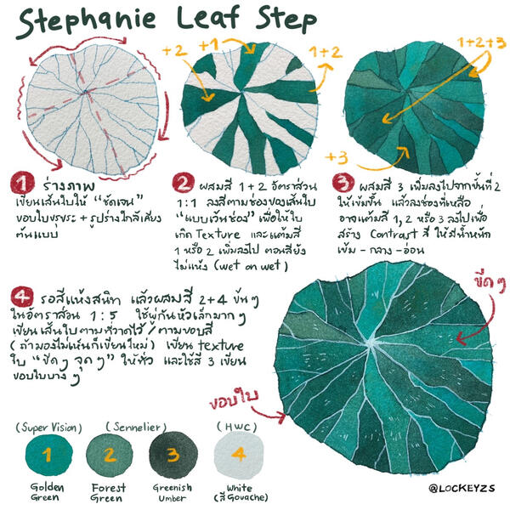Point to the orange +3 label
(x=337, y=157)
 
